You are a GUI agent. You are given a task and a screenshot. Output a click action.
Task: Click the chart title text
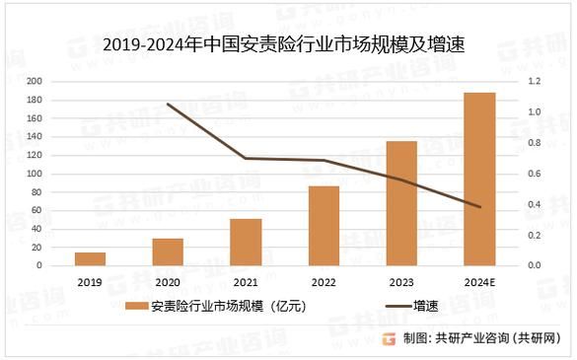click(x=282, y=44)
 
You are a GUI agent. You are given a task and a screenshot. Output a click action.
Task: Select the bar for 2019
click(x=91, y=258)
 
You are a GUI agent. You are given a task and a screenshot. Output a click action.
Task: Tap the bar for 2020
click(x=168, y=252)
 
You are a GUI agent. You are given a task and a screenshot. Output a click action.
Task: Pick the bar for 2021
click(x=246, y=242)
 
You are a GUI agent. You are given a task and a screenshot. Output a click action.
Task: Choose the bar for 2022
click(x=324, y=226)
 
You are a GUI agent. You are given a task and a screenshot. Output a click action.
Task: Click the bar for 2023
click(x=401, y=203)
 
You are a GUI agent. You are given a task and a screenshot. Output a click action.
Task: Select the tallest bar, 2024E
click(x=479, y=179)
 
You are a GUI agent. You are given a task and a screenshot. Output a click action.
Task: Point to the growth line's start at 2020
click(x=168, y=104)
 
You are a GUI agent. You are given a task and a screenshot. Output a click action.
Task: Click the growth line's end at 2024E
click(x=479, y=207)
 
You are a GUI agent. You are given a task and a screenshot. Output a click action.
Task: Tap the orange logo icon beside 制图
click(x=389, y=338)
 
